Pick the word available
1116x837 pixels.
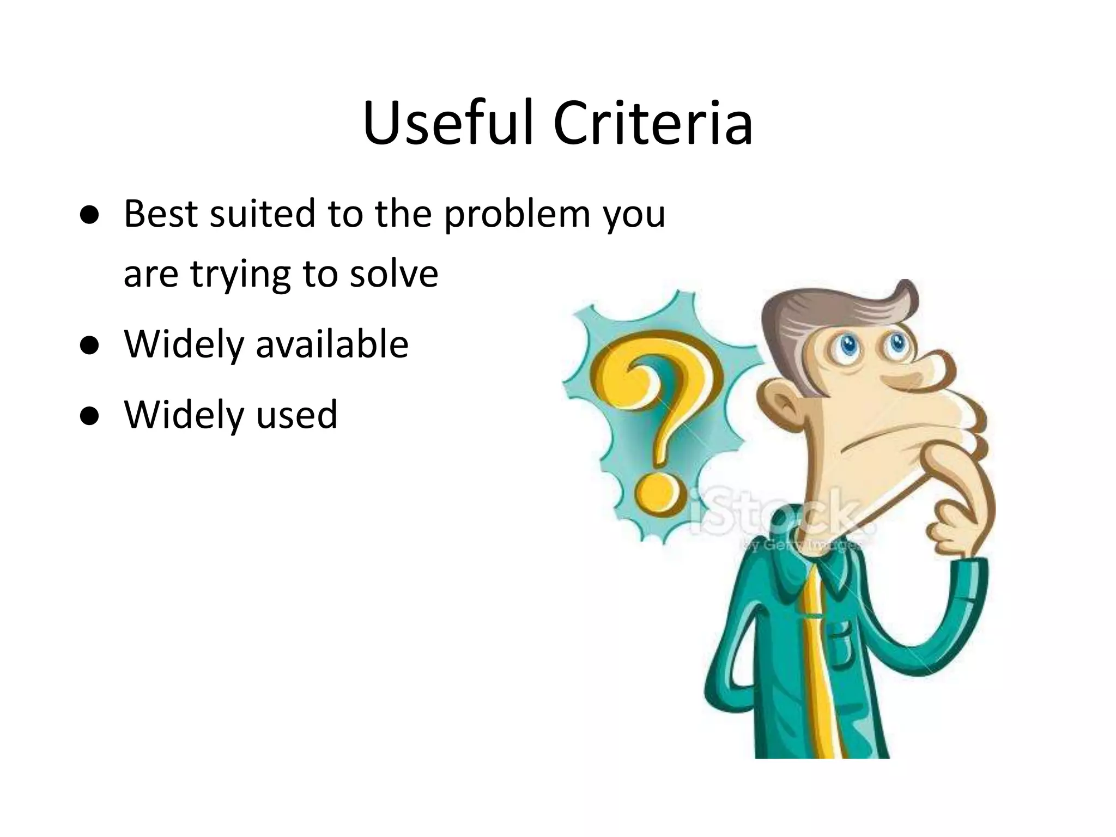coord(332,344)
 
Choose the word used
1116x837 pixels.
coord(297,415)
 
